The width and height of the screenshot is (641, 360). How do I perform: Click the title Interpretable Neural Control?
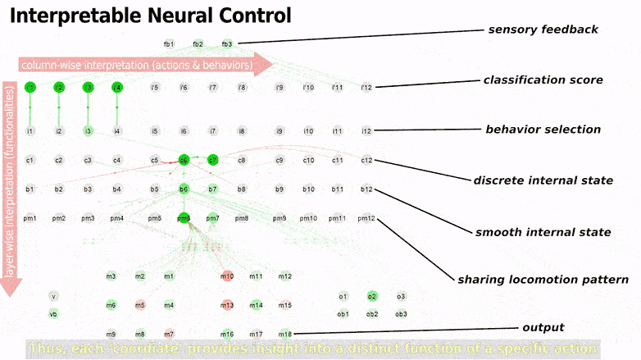tap(150, 16)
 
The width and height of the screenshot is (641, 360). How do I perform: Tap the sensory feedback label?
tap(543, 30)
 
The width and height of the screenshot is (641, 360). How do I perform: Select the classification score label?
tap(543, 80)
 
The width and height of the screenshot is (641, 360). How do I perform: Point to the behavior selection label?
tap(543, 130)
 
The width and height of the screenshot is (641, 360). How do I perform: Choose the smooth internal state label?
tap(543, 232)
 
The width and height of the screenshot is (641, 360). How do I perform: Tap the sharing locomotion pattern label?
tap(543, 280)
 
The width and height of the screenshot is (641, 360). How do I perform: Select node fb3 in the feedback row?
tap(227, 44)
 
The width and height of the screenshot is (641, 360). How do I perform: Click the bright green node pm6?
tap(184, 218)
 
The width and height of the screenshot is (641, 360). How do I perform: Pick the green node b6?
tap(184, 189)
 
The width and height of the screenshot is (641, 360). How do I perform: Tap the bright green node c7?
tap(212, 160)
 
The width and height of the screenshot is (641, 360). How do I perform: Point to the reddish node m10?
tap(227, 276)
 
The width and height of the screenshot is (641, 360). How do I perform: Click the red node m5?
tap(140, 305)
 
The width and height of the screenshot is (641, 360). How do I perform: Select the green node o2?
tap(372, 296)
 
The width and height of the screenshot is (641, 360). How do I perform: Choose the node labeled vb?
tap(53, 313)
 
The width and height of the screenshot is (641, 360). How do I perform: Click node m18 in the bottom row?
tap(284, 334)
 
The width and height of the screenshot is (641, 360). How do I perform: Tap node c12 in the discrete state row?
tap(366, 160)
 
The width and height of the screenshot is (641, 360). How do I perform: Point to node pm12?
tap(366, 218)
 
